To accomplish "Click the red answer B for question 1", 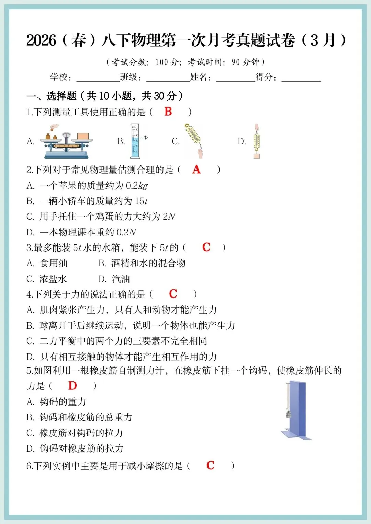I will (168, 112).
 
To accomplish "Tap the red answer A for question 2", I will (196, 169).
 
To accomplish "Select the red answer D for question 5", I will (72, 386).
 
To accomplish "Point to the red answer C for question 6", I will (210, 465).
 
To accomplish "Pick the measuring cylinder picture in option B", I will (135, 141).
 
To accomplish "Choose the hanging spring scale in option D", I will (257, 141).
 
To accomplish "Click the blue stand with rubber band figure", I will (296, 410).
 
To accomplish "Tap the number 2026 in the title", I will (41, 40).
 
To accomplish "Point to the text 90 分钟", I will (245, 62).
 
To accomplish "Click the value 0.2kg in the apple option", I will (137, 186).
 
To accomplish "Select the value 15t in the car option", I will (141, 201).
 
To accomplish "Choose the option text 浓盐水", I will (53, 279).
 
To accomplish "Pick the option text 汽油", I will (121, 279).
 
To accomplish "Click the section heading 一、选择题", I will (52, 96).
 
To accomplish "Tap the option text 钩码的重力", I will (63, 401).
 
